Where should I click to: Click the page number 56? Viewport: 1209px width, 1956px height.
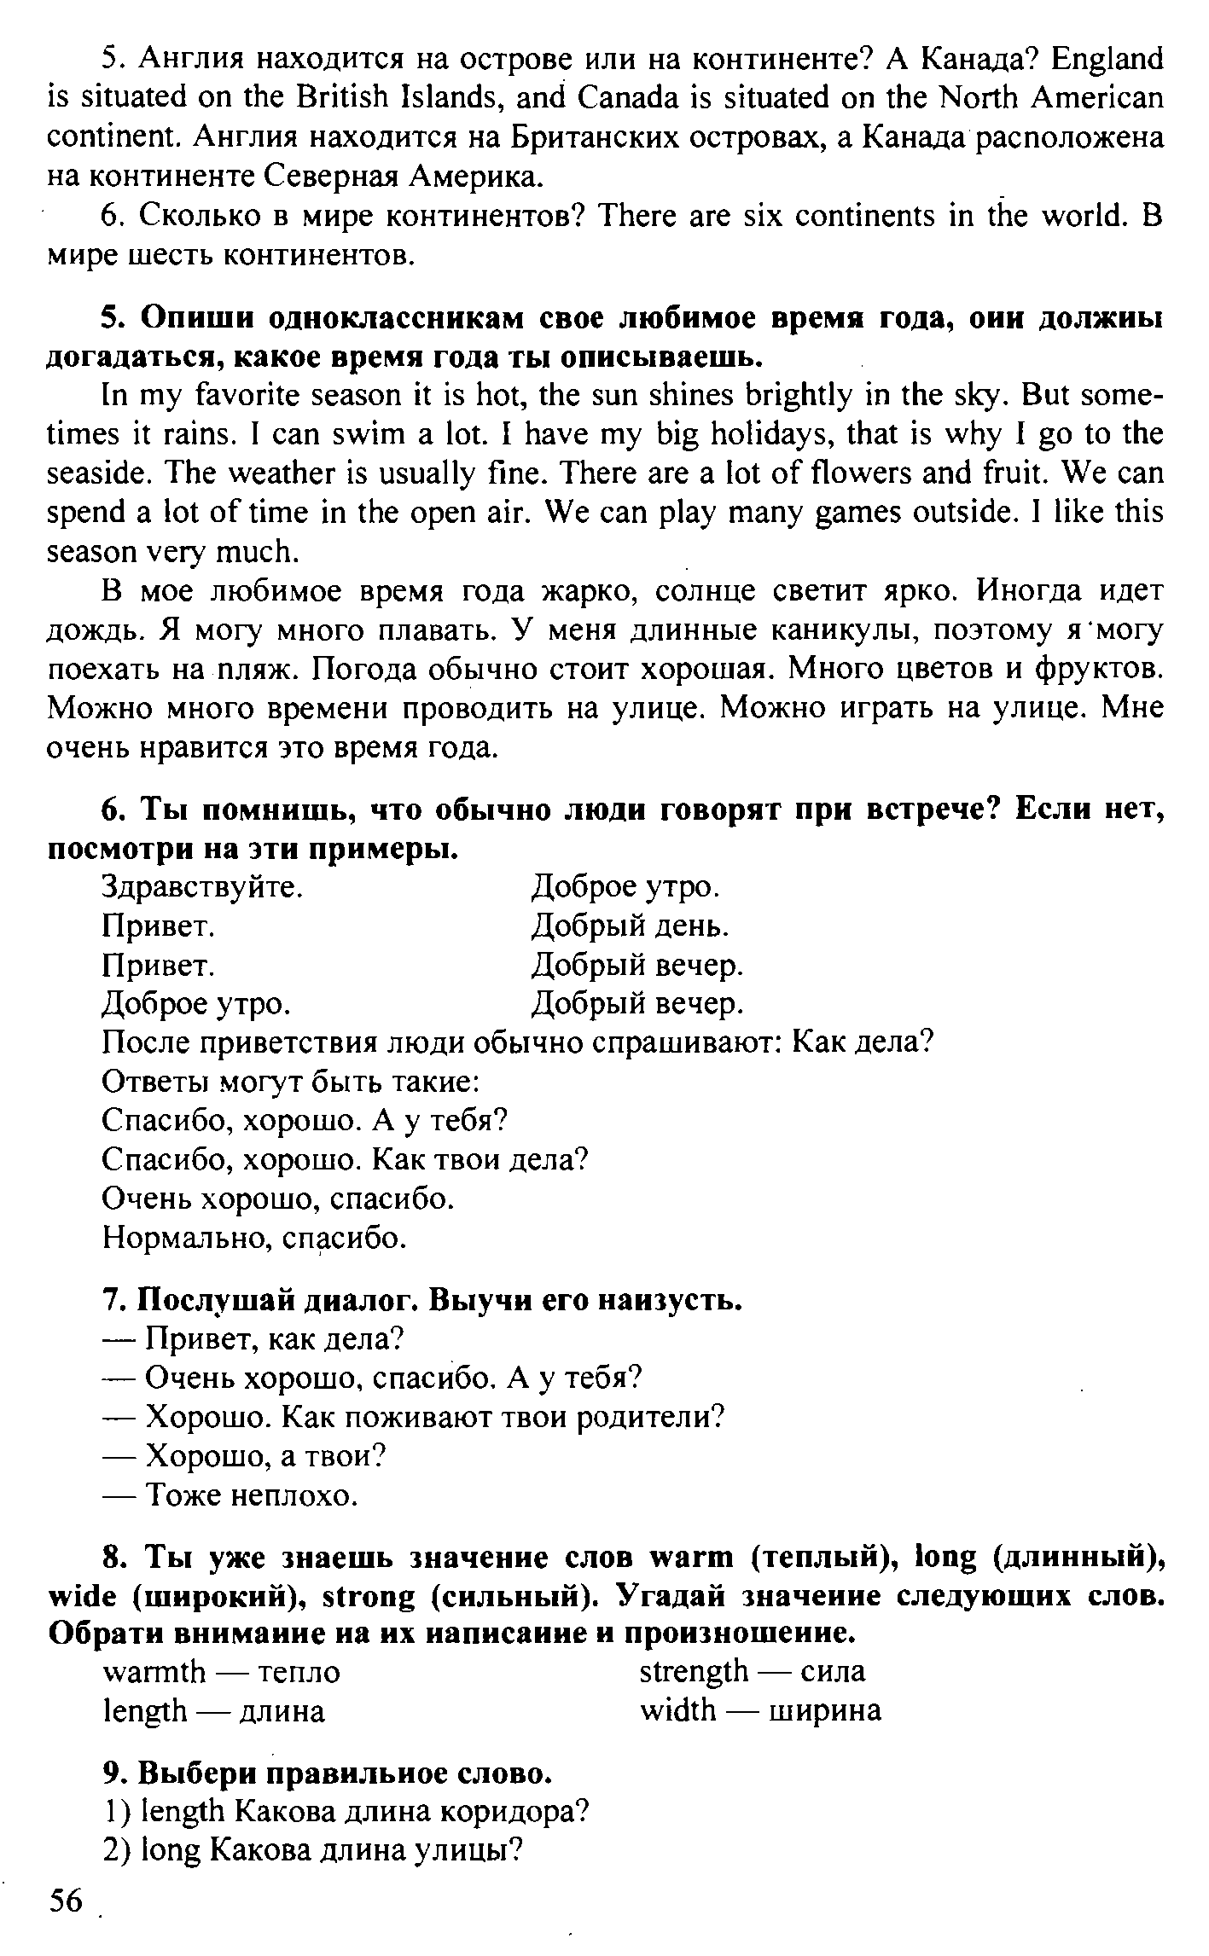pyautogui.click(x=66, y=1901)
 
